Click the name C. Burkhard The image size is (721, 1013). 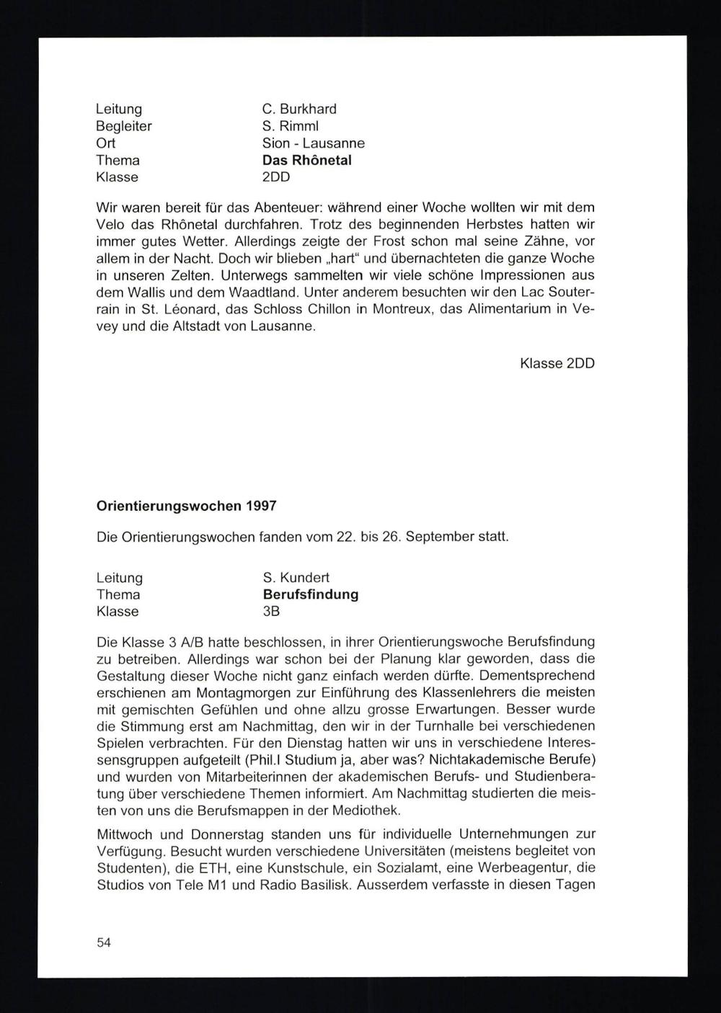click(x=299, y=109)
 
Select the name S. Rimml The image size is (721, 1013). click(x=290, y=126)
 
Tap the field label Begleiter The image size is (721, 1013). click(x=124, y=126)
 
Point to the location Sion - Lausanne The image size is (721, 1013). click(x=314, y=143)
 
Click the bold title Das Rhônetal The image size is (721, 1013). click(x=306, y=160)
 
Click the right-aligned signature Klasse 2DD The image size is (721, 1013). click(x=557, y=363)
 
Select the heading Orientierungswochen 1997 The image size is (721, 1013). click(x=187, y=506)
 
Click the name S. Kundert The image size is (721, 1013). click(x=296, y=578)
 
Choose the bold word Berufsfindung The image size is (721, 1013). click(x=311, y=594)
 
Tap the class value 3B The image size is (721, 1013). click(x=271, y=612)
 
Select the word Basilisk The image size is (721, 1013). click(x=322, y=885)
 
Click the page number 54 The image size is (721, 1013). click(x=104, y=943)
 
